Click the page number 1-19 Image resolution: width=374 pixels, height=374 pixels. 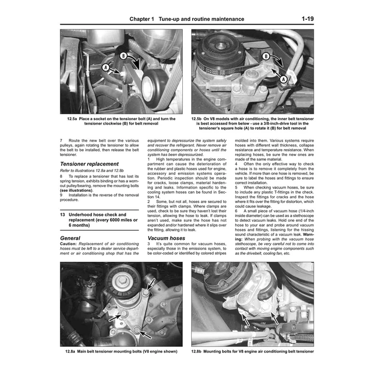pyautogui.click(x=307, y=19)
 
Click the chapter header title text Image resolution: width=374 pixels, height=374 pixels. pyautogui.click(x=186, y=19)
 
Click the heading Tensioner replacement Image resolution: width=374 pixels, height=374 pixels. pyautogui.click(x=89, y=163)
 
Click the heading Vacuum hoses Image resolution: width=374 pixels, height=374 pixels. pyautogui.click(x=166, y=238)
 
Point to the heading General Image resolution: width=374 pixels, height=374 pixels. pyautogui.click(x=71, y=238)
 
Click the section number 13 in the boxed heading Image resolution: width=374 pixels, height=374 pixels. pyautogui.click(x=64, y=213)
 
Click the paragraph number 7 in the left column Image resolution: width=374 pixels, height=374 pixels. pyautogui.click(x=61, y=140)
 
